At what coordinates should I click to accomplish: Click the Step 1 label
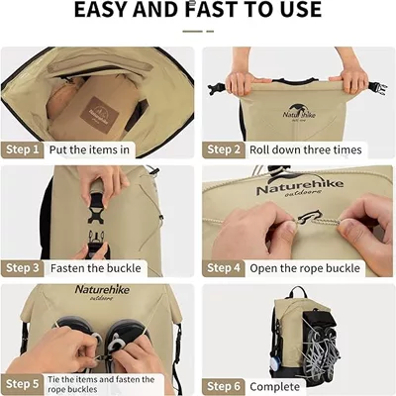[x=23, y=149]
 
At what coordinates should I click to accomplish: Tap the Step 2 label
[x=224, y=149]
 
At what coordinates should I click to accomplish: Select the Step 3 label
[x=23, y=268]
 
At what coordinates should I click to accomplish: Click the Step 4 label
[x=224, y=268]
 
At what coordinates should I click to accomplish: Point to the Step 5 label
[x=23, y=384]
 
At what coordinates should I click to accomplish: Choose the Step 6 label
[x=224, y=386]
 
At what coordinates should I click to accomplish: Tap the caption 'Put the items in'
[x=89, y=149]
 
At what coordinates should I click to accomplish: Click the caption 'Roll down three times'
[x=306, y=149]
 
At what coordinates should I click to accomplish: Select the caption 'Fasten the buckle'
[x=96, y=268]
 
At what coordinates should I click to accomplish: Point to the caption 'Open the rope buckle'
[x=305, y=268]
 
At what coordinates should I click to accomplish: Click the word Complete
[x=274, y=386]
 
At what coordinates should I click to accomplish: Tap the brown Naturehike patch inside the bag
[x=99, y=115]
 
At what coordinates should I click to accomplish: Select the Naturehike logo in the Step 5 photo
[x=102, y=292]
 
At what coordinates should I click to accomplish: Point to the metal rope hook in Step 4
[x=308, y=217]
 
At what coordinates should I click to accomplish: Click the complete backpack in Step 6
[x=305, y=334]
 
